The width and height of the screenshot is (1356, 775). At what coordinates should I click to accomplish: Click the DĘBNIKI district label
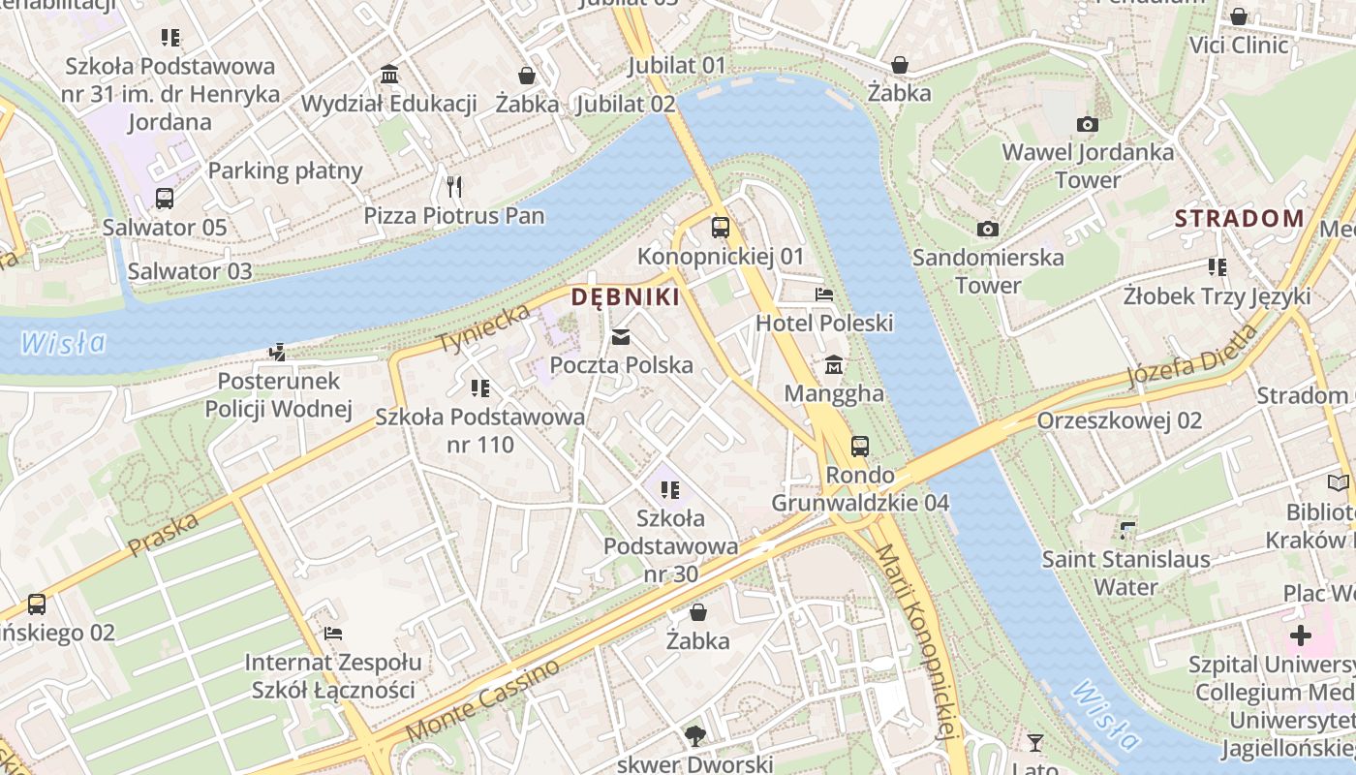pos(625,297)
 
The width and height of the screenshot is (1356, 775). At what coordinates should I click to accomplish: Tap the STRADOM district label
pos(1239,218)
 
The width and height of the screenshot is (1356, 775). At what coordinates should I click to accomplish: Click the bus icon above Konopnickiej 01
pos(721,228)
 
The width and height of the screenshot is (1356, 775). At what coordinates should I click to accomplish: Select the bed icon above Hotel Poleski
pos(824,294)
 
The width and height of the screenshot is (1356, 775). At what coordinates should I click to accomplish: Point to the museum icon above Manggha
pos(833,365)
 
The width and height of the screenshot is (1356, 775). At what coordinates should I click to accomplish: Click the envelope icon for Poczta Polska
pos(621,337)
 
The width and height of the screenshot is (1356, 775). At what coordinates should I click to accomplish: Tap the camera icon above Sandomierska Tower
pos(987,230)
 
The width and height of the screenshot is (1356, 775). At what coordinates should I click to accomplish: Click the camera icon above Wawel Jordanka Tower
pos(1087,124)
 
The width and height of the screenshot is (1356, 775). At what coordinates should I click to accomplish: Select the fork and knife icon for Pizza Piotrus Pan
pos(453,186)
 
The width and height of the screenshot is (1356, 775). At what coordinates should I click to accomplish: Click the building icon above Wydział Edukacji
pos(389,75)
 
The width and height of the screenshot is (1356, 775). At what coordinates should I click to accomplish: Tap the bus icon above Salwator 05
pos(165,199)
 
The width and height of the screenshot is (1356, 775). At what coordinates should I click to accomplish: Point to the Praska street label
pos(163,535)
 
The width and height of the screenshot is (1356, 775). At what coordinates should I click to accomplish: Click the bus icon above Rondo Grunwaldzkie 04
pos(860,447)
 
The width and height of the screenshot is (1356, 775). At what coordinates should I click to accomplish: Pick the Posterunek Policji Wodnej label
pos(278,394)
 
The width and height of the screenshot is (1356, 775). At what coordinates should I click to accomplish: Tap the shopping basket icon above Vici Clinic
pos(1238,16)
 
